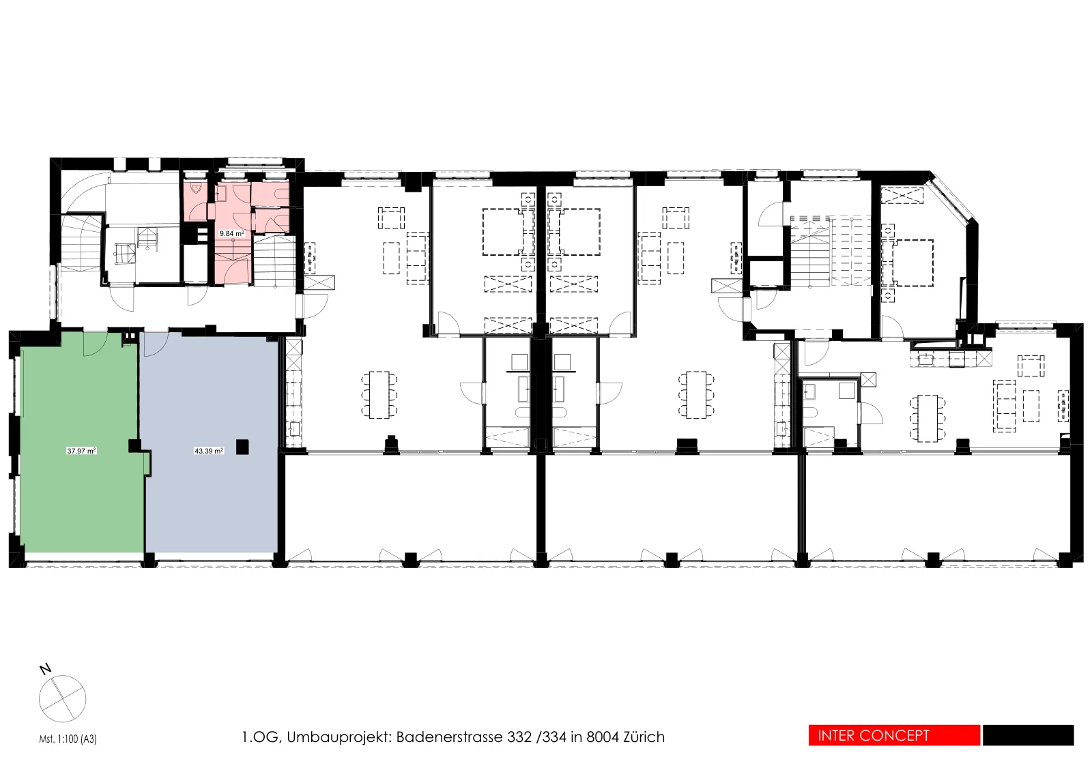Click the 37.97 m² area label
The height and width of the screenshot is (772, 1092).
(81, 451)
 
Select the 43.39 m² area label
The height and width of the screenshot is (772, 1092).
(209, 451)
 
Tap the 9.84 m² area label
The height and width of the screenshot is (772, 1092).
(232, 234)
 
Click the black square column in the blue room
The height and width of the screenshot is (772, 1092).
(242, 447)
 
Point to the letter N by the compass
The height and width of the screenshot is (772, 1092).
(45, 669)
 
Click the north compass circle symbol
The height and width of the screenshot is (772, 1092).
(62, 699)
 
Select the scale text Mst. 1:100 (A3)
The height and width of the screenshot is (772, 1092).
(68, 739)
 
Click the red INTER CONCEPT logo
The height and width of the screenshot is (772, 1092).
(894, 735)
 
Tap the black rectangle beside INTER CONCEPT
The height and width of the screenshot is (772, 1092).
(1028, 735)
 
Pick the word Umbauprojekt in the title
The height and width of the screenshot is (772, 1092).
(339, 737)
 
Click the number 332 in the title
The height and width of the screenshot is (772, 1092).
(519, 737)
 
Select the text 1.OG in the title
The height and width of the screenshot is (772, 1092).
(260, 737)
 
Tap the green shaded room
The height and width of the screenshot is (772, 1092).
(81, 443)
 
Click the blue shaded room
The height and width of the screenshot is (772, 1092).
(210, 443)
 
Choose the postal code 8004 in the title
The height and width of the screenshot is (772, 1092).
(603, 737)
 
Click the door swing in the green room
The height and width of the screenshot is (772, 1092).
(96, 344)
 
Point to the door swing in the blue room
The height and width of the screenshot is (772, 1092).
(156, 344)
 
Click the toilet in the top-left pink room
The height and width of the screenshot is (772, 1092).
(196, 188)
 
